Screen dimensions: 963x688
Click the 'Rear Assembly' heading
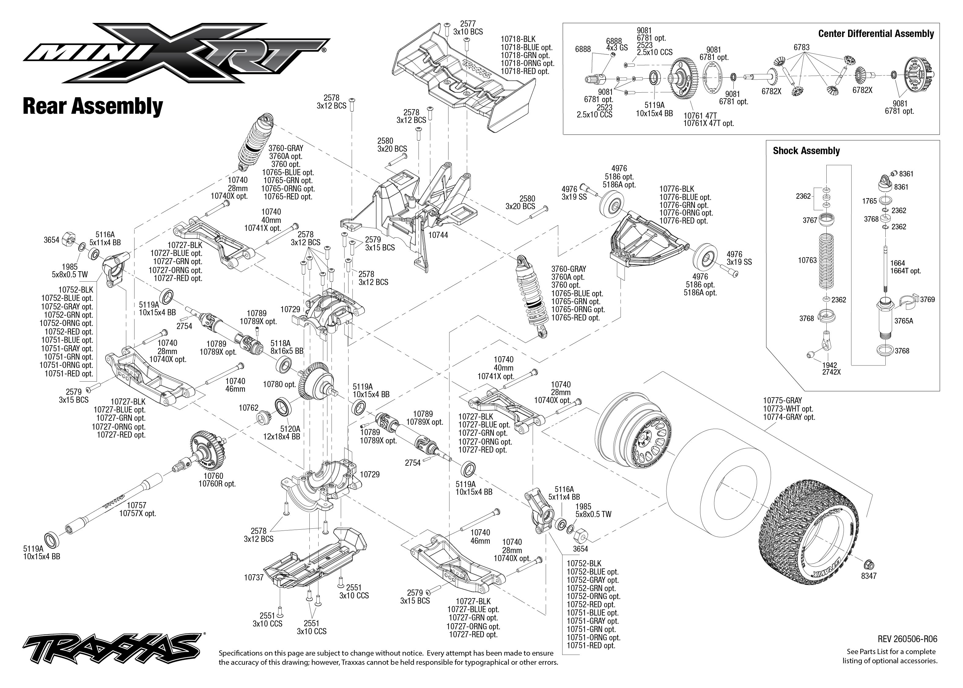click(x=93, y=106)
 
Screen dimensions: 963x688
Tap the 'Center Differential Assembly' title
click(x=876, y=34)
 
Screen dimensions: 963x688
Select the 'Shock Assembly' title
click(x=806, y=151)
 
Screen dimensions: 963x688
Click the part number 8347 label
click(x=869, y=576)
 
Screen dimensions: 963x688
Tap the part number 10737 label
click(x=254, y=577)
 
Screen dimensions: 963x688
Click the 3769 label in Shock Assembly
click(x=928, y=300)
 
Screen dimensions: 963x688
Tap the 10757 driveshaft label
click(x=136, y=505)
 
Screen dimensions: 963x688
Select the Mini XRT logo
click(x=176, y=53)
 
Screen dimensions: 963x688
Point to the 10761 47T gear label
click(x=700, y=115)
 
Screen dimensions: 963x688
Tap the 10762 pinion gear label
click(x=249, y=408)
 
